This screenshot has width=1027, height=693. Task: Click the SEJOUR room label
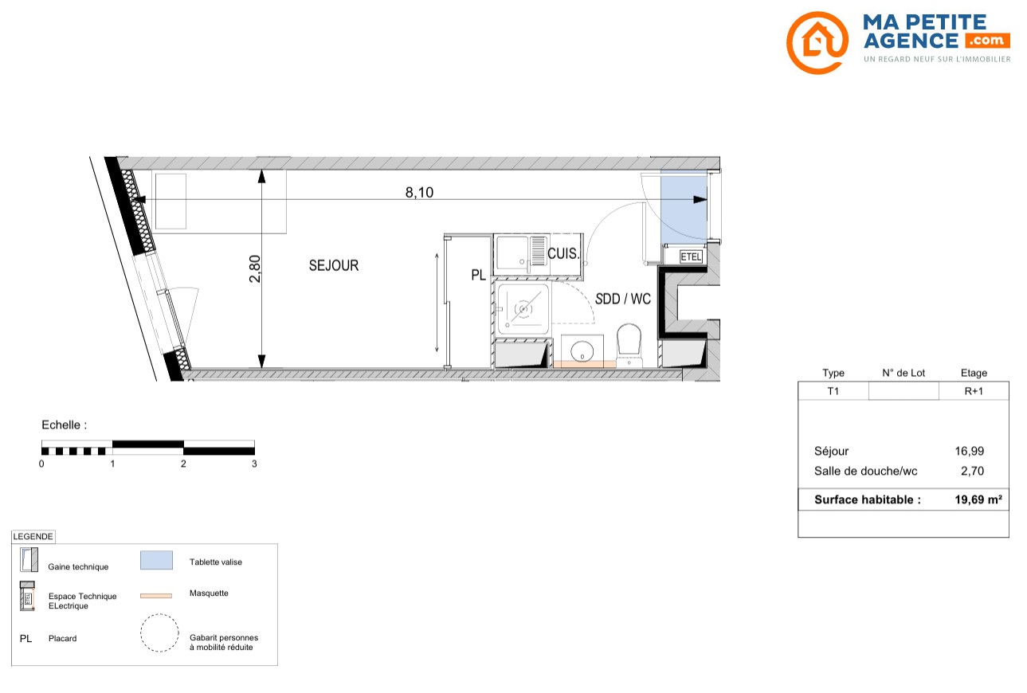[334, 265]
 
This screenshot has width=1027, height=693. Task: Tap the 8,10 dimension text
[419, 192]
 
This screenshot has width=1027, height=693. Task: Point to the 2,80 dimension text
[255, 268]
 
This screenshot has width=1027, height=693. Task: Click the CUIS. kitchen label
[563, 253]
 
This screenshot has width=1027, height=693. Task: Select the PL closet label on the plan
[478, 275]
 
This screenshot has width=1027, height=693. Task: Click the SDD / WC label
[622, 299]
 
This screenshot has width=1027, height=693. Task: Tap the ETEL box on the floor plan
[691, 256]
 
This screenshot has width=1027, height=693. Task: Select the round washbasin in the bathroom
[582, 351]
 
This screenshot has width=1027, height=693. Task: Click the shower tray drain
[523, 309]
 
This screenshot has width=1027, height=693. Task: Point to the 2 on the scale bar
[183, 464]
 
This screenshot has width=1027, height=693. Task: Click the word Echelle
[61, 425]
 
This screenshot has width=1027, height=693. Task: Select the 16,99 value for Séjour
[969, 451]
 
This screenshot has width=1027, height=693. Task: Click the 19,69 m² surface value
[978, 499]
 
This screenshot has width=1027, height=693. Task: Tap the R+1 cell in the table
[974, 391]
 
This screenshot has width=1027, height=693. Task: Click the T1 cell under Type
[833, 391]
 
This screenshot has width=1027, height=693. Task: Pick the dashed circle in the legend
[159, 632]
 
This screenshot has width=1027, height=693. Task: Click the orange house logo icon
[817, 42]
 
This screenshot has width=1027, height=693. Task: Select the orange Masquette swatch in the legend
[156, 596]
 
